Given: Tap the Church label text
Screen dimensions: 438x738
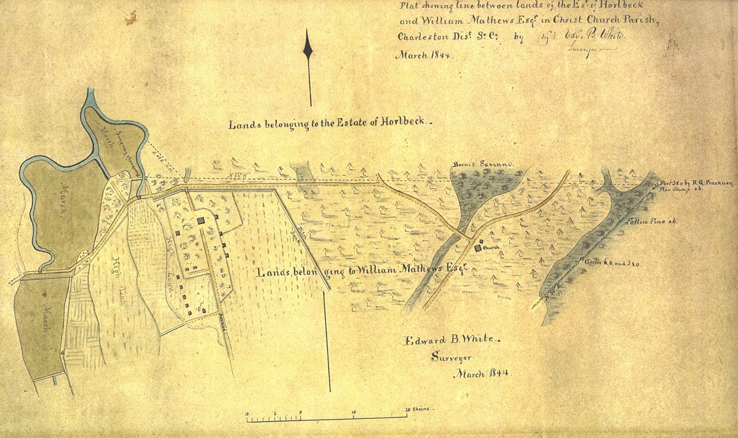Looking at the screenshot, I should pos(490,248).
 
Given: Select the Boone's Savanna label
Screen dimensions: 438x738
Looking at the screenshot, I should pos(482,165).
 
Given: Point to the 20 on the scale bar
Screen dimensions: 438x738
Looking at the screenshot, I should pos(408,410).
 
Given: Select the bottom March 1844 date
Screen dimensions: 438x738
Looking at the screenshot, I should pos(482,373).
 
